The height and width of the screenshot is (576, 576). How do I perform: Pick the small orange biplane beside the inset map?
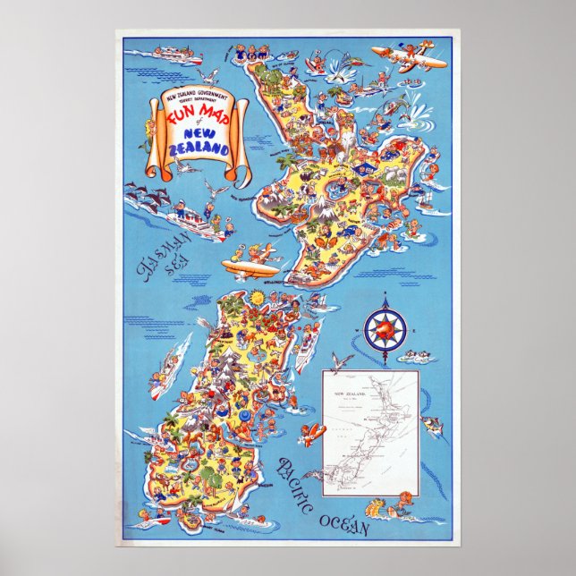[312, 436]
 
